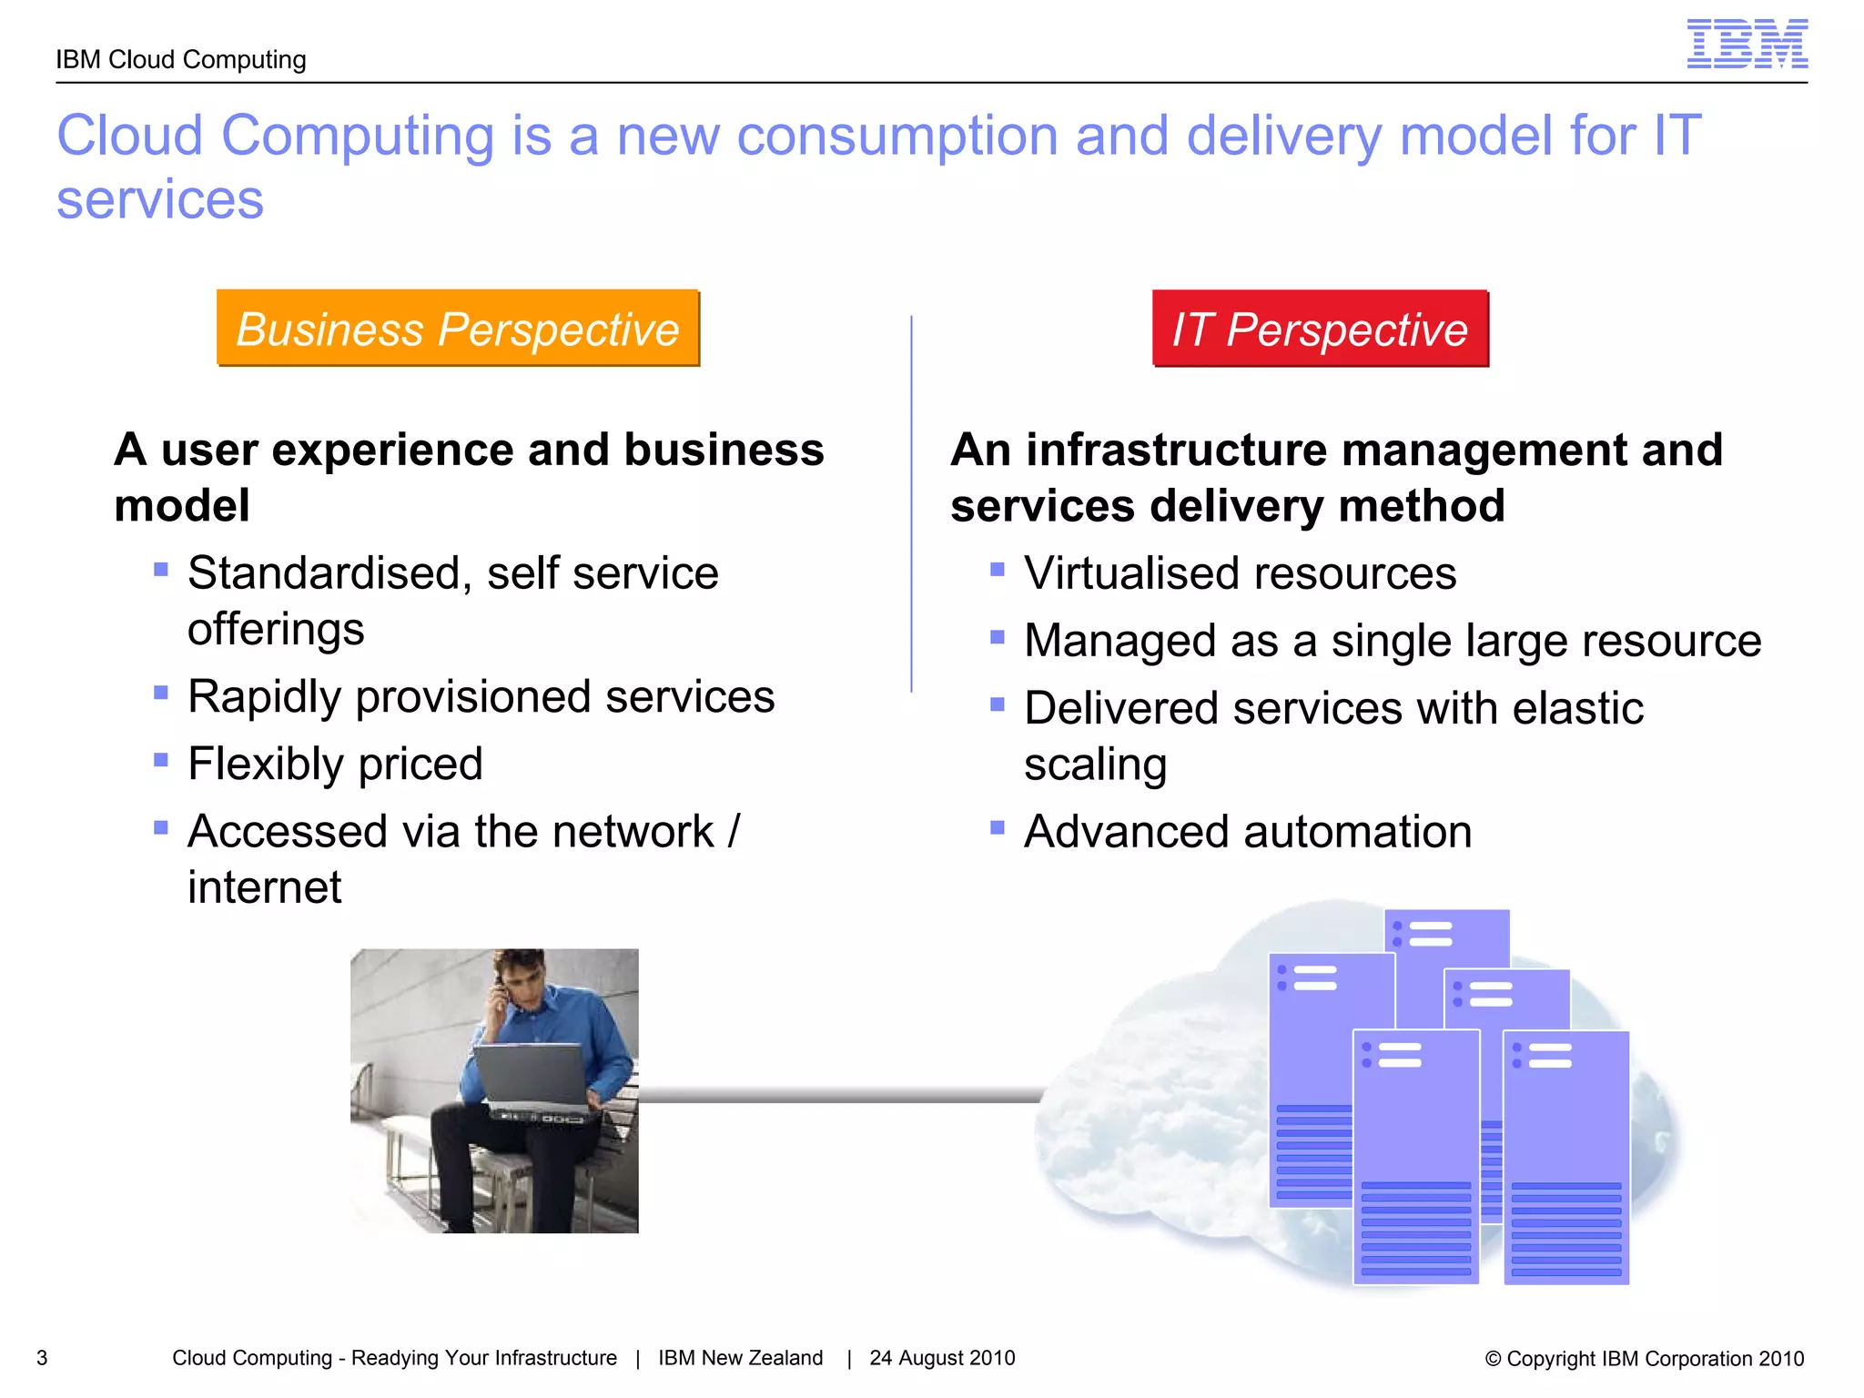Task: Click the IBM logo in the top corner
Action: pos(1747,44)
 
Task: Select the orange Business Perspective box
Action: pos(458,329)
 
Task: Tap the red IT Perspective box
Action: pos(1320,329)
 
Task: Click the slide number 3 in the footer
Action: pos(42,1358)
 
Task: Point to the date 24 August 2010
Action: pos(942,1358)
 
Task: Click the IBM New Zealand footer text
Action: pos(740,1358)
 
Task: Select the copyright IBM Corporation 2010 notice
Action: pos(1644,1359)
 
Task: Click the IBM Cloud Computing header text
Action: pos(181,60)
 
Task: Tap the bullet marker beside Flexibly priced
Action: pos(161,759)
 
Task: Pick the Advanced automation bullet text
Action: pos(1247,832)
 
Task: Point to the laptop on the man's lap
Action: pos(532,1074)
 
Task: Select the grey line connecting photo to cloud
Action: pos(837,1096)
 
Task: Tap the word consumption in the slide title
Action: pos(897,137)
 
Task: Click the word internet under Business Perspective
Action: pos(265,887)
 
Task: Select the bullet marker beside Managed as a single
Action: pos(998,637)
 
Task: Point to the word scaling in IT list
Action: pos(1095,765)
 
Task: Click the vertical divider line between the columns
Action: pos(911,505)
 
